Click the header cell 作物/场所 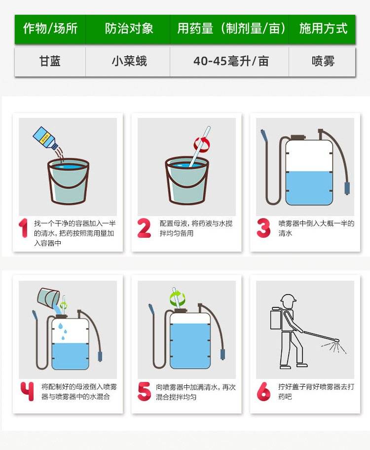point(50,29)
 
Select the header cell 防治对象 point(128,29)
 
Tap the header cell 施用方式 point(322,29)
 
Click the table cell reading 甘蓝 point(50,62)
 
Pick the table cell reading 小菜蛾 point(128,62)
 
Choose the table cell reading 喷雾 point(322,62)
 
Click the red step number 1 point(24,228)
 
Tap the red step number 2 point(144,228)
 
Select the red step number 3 point(263,228)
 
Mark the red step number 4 point(27,391)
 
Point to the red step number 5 point(144,391)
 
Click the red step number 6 point(263,391)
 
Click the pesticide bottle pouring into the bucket point(45,138)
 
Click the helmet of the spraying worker point(288,299)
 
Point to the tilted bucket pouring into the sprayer point(48,298)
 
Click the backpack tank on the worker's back point(276,318)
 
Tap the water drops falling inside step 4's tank point(63,330)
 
